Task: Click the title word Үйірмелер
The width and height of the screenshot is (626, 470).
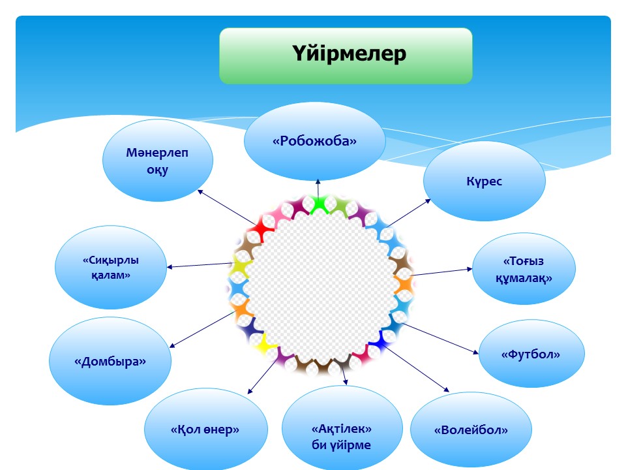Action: tap(349, 54)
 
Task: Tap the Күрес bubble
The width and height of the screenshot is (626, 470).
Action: tap(484, 181)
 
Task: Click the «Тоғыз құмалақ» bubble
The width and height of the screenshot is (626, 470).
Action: tap(524, 269)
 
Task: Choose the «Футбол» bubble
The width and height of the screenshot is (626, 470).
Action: tap(531, 354)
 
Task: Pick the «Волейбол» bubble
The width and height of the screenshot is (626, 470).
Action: tap(471, 430)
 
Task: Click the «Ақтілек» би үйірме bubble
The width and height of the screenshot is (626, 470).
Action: tap(342, 437)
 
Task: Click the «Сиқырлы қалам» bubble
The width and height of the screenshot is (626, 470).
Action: tap(111, 268)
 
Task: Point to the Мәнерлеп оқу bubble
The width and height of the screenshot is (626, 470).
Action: tap(158, 161)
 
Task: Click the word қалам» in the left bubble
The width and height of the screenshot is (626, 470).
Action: tap(111, 275)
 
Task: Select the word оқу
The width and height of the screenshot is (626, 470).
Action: tap(158, 170)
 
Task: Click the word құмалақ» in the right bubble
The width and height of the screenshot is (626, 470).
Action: tap(524, 277)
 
